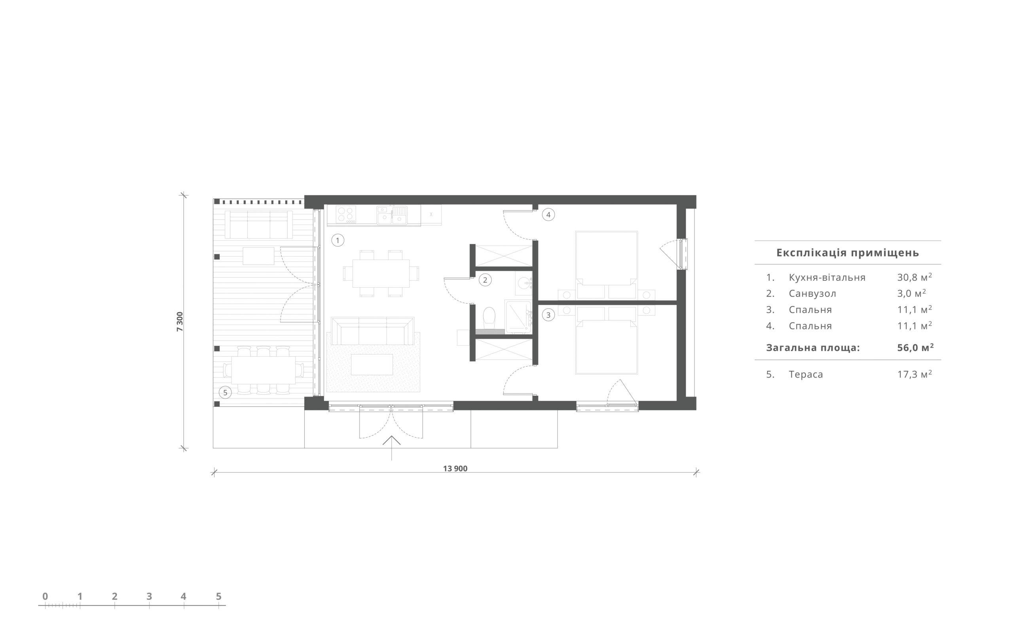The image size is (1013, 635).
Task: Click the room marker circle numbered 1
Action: [x=338, y=241]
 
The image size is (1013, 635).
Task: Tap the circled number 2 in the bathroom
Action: [x=485, y=280]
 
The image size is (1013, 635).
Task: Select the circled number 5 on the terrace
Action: [x=225, y=393]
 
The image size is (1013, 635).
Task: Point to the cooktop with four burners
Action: [x=346, y=214]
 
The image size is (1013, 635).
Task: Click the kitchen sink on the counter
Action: [x=392, y=215]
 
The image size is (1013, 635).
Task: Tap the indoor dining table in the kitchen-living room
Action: [x=381, y=273]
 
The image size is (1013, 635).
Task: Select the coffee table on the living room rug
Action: [x=372, y=365]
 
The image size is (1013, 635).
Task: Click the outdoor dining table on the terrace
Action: [x=264, y=370]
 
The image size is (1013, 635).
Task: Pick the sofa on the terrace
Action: [x=258, y=225]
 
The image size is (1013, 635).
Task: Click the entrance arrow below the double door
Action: [x=391, y=448]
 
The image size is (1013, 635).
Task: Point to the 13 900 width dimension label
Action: [x=455, y=468]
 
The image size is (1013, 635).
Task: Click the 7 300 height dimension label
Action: [x=180, y=322]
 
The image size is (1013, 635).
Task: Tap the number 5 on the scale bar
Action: [x=218, y=596]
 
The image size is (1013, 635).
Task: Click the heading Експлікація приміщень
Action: [x=847, y=253]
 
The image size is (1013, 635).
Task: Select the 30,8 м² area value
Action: [x=914, y=277]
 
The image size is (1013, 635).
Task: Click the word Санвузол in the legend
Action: [x=812, y=293]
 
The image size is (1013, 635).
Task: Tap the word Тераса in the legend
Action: [x=806, y=374]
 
